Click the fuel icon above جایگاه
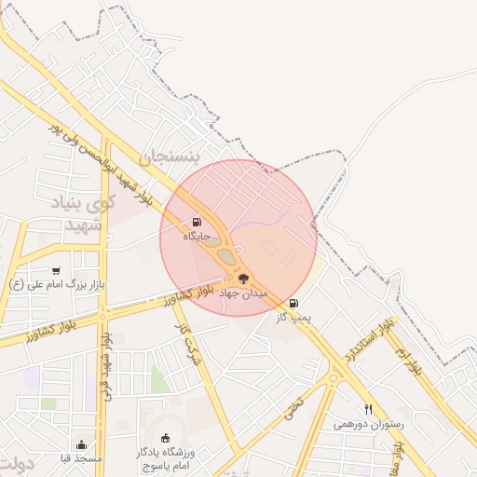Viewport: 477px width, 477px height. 197,222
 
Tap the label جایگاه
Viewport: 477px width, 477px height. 197,238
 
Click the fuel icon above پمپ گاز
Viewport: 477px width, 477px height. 294,303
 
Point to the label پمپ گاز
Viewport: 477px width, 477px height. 294,318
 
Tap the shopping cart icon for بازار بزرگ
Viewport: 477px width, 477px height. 57,270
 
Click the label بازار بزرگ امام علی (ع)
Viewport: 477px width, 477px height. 57,285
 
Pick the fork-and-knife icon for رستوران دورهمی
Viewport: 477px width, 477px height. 368,409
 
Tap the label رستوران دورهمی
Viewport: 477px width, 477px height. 368,424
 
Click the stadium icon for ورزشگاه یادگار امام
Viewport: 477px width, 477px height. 167,438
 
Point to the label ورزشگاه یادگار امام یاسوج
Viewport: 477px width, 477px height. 167,457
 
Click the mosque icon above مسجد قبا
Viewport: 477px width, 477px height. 82,444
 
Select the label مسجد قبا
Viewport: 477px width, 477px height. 82,459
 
